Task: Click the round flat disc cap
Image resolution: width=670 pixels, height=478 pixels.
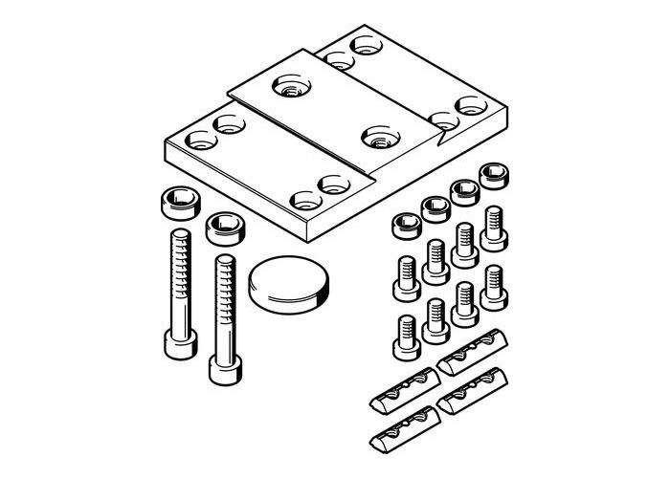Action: pyautogui.click(x=288, y=284)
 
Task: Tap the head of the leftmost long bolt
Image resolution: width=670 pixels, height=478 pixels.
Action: pyautogui.click(x=179, y=342)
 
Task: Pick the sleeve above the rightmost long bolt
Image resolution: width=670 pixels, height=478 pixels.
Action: pyautogui.click(x=225, y=228)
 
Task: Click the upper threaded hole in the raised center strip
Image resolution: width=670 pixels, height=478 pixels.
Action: pyautogui.click(x=289, y=89)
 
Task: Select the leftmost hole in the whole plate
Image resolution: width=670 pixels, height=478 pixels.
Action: pyautogui.click(x=199, y=141)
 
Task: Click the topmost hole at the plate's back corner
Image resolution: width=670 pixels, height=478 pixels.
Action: pyautogui.click(x=365, y=44)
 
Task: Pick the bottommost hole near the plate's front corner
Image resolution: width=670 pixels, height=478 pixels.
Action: pyautogui.click(x=305, y=202)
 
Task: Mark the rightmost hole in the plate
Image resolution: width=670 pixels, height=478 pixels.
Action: pyautogui.click(x=469, y=104)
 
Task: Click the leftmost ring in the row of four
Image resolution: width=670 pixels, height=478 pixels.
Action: pyautogui.click(x=406, y=228)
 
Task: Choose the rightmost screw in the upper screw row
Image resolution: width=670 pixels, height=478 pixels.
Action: pyautogui.click(x=494, y=221)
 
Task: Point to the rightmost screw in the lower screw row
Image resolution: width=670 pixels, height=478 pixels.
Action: pyautogui.click(x=494, y=284)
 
